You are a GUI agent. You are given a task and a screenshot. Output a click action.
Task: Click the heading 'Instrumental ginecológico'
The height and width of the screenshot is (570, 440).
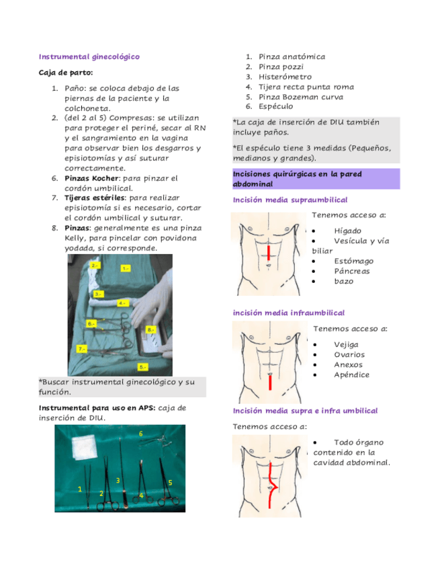tap(89, 57)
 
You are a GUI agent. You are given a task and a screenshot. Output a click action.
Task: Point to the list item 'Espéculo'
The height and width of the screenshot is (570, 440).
tap(275, 106)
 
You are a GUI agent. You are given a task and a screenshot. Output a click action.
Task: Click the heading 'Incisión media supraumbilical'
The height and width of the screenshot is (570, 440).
tap(290, 200)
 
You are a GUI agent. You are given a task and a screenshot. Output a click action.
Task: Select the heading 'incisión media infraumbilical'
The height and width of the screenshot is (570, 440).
tap(289, 313)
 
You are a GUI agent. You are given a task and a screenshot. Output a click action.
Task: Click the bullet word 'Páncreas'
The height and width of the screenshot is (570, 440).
tap(351, 271)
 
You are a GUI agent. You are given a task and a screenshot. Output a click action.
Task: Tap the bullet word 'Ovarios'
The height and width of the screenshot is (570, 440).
tap(349, 354)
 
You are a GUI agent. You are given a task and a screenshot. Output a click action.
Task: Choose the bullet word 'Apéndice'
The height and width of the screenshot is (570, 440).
tap(351, 374)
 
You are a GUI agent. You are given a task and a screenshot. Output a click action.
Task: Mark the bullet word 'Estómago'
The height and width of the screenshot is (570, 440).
tap(353, 261)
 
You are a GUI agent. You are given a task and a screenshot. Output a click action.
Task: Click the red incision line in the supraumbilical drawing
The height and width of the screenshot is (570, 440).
tap(269, 253)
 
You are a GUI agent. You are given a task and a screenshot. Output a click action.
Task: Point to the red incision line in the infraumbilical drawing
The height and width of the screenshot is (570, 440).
tap(270, 382)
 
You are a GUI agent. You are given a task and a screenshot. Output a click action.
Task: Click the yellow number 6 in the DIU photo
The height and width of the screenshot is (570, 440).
tap(140, 434)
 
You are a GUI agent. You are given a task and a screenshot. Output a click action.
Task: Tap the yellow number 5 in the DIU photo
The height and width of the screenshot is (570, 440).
tap(170, 483)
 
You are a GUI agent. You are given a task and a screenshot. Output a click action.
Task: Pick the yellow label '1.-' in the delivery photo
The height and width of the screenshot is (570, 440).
tap(125, 268)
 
